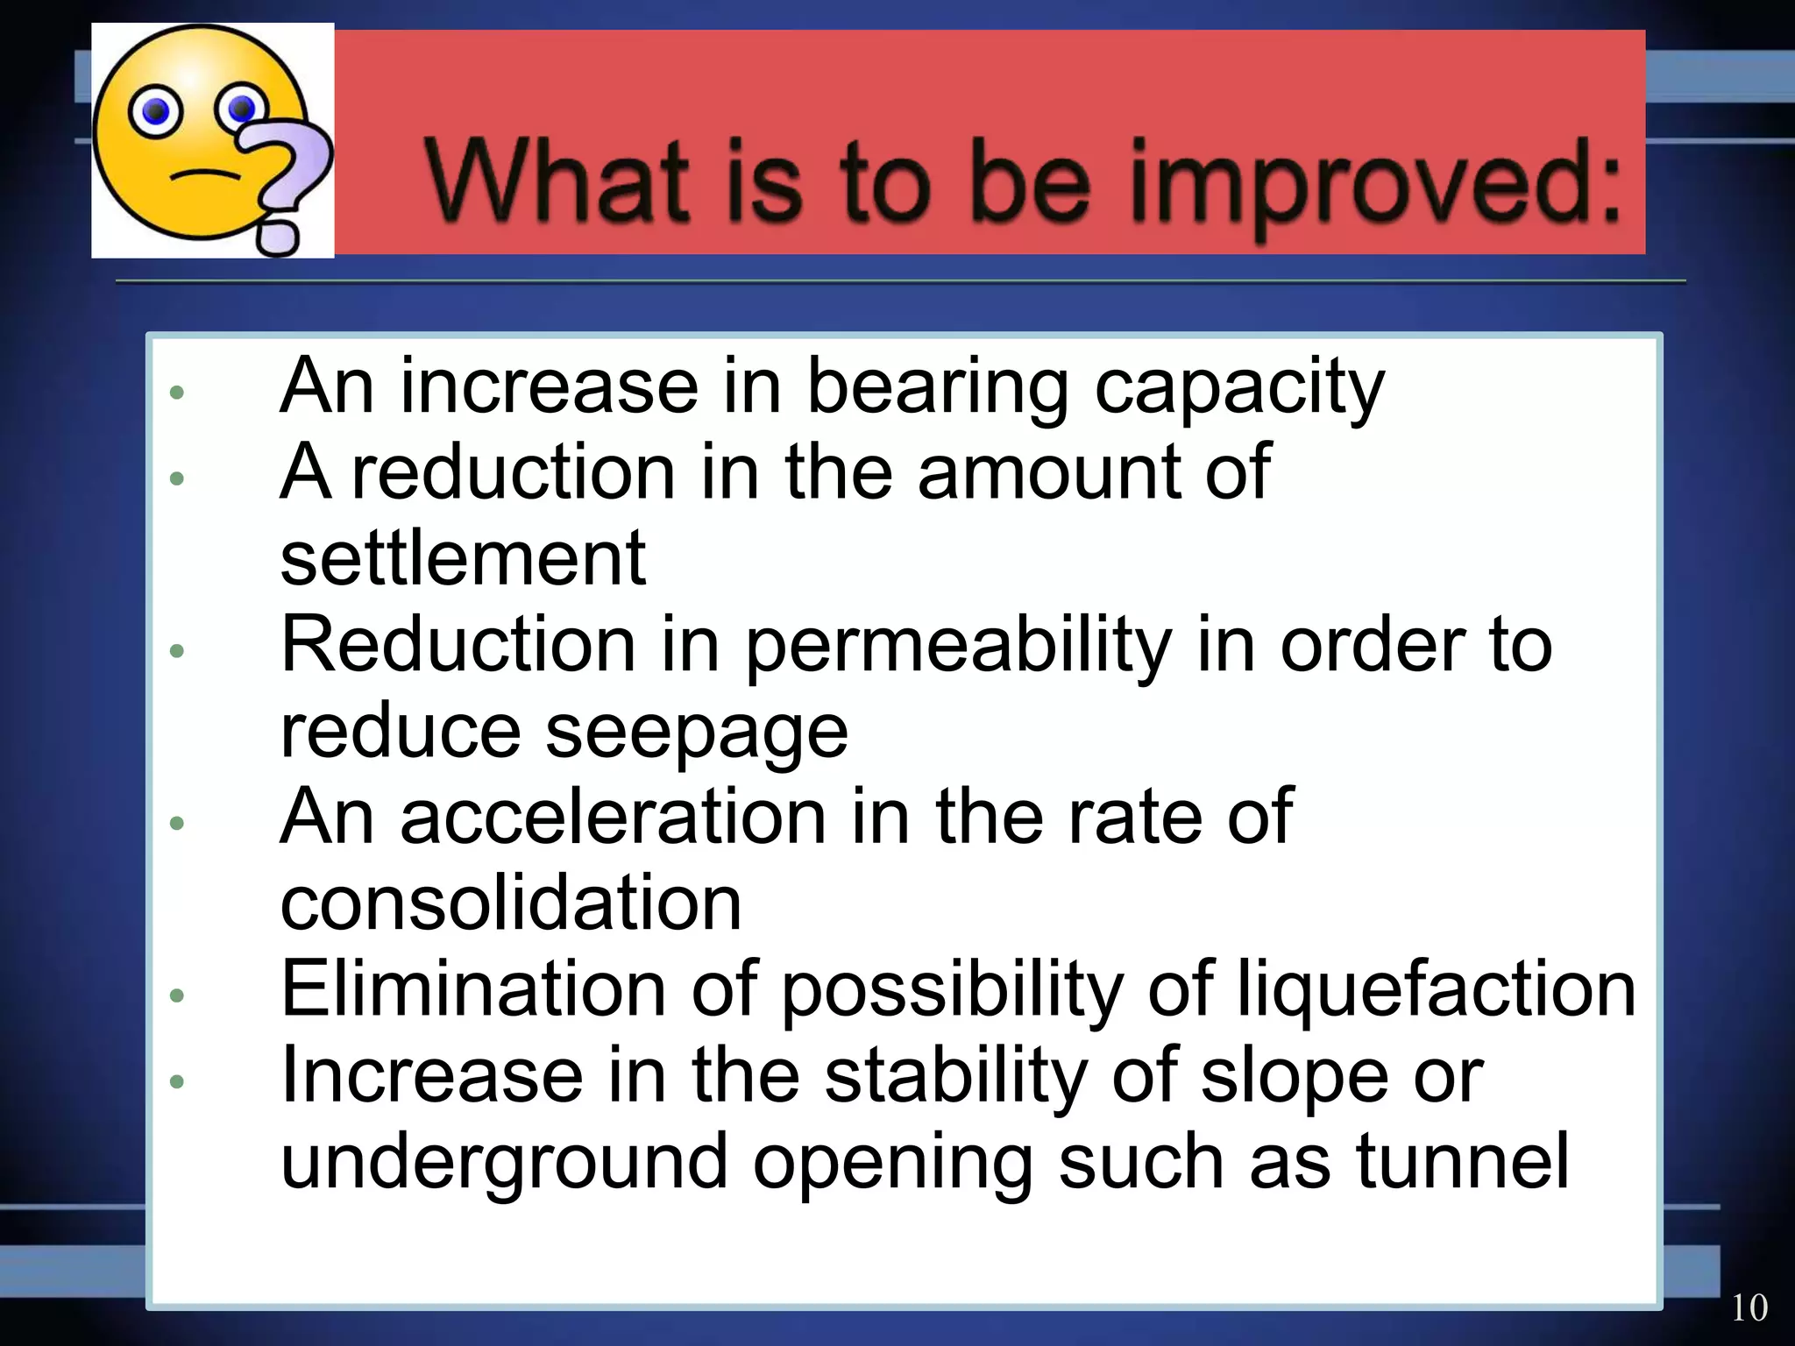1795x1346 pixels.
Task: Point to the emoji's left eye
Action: click(x=155, y=111)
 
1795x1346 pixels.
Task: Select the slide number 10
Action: click(x=1749, y=1307)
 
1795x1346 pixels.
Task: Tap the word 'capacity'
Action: click(x=1239, y=388)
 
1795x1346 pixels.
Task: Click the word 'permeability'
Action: click(x=959, y=647)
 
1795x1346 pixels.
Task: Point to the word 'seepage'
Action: click(x=697, y=733)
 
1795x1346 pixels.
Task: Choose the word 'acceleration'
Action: click(x=613, y=816)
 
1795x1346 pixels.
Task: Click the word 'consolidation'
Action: click(x=511, y=903)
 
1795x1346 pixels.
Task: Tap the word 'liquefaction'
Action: click(x=1436, y=990)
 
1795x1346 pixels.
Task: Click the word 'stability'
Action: click(x=955, y=1076)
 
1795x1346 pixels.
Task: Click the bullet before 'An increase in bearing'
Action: click(x=177, y=392)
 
